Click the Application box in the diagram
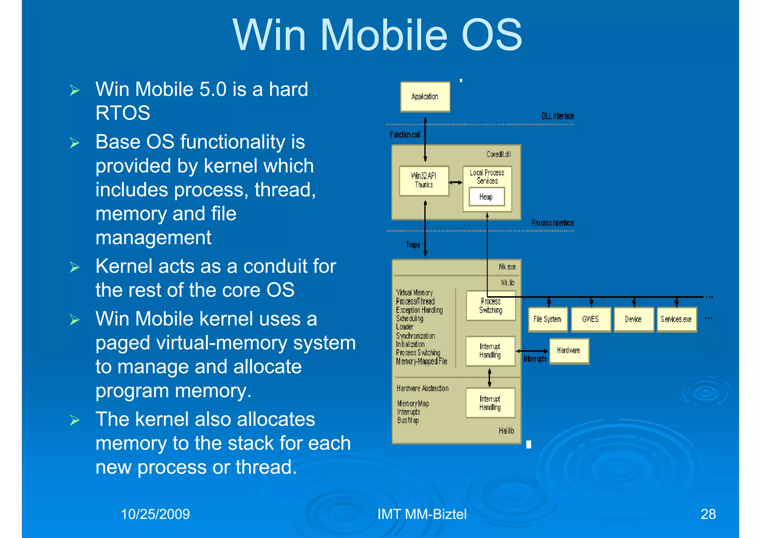[425, 97]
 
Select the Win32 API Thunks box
[424, 181]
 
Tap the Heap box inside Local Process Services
[486, 197]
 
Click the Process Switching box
[491, 306]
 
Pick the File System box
[548, 319]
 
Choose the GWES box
[591, 319]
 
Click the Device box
[634, 319]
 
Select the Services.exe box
[676, 319]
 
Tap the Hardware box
[569, 351]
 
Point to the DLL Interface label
[557, 116]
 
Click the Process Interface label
[553, 223]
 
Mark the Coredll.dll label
[499, 154]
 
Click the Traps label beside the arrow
[413, 245]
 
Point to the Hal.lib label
[506, 431]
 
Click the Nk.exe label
[507, 267]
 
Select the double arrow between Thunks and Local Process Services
[456, 183]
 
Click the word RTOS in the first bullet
[123, 113]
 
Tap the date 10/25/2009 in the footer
[155, 514]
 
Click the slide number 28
[708, 514]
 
